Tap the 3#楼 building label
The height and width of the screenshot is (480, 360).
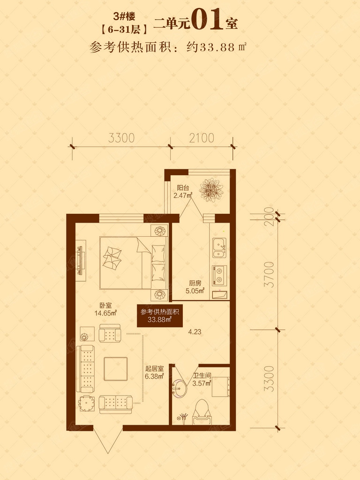pos(125,16)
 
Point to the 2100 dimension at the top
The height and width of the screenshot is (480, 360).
pos(202,138)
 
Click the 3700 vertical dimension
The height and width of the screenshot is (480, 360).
pos(270,274)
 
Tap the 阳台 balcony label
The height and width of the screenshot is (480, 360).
pos(183,188)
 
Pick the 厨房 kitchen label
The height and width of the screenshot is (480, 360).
pos(195,283)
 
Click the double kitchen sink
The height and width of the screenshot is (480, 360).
pos(219,247)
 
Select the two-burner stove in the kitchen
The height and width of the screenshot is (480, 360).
pos(219,275)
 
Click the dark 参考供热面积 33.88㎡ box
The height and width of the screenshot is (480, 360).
pos(160,315)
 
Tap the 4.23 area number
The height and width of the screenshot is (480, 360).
pos(195,332)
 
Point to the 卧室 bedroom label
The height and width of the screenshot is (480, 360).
pos(105,305)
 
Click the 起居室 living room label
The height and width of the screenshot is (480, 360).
pos(155,369)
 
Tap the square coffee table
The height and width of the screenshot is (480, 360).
pos(116,369)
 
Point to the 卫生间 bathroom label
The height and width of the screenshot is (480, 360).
pos(202,375)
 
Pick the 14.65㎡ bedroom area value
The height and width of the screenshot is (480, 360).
pos(105,313)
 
